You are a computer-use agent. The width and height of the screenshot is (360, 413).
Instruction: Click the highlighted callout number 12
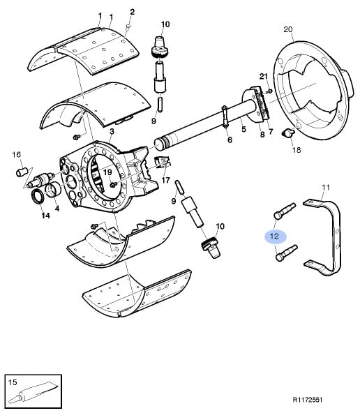(x=274, y=236)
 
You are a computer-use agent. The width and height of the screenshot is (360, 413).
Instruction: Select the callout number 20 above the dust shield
(x=288, y=29)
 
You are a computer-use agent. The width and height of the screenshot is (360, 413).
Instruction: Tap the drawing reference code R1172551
(x=308, y=400)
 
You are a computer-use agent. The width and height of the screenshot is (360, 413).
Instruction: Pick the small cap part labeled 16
(x=21, y=172)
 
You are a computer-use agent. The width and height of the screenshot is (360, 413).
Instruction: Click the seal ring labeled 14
(x=38, y=197)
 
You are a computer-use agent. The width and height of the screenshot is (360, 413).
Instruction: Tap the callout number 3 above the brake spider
(x=112, y=131)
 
